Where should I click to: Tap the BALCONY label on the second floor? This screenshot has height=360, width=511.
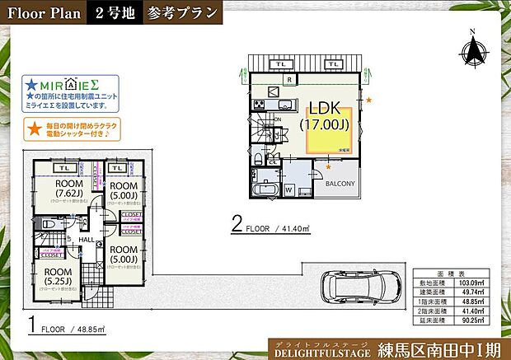click(339, 183)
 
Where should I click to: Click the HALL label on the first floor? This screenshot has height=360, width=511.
click(87, 240)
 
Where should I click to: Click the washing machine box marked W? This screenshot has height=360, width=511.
click(288, 189)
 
